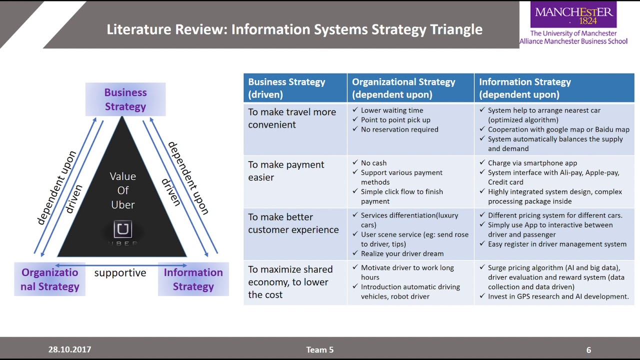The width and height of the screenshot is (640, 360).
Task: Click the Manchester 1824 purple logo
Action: (573, 15)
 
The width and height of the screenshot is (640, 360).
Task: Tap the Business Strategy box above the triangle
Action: (125, 99)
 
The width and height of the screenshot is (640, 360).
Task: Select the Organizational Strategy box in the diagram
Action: (50, 279)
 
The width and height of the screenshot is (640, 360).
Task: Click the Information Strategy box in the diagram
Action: (193, 279)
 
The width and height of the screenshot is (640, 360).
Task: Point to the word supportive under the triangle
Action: (120, 273)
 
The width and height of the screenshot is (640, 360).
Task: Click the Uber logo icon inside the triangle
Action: (122, 229)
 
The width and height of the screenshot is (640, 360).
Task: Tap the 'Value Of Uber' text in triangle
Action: (122, 190)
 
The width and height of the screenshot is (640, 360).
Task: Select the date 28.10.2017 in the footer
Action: (69, 349)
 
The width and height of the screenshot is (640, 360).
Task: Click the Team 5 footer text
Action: (320, 349)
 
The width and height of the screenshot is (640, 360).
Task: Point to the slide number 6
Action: (588, 350)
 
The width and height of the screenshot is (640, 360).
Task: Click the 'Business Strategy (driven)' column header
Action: (286, 88)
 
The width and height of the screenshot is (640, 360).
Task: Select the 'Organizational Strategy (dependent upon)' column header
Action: (403, 88)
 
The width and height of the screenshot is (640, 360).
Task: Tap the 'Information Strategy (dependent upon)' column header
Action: (525, 88)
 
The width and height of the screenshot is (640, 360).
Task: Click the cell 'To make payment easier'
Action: (286, 170)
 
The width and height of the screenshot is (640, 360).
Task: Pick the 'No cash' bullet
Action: (373, 163)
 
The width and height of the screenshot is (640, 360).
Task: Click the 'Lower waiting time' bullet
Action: (392, 110)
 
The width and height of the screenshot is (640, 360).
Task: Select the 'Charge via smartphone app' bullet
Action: (532, 163)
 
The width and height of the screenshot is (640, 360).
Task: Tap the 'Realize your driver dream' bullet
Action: (402, 253)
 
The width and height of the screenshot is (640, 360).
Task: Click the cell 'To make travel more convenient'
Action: (292, 118)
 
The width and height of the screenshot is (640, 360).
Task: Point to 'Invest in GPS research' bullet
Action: (558, 296)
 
